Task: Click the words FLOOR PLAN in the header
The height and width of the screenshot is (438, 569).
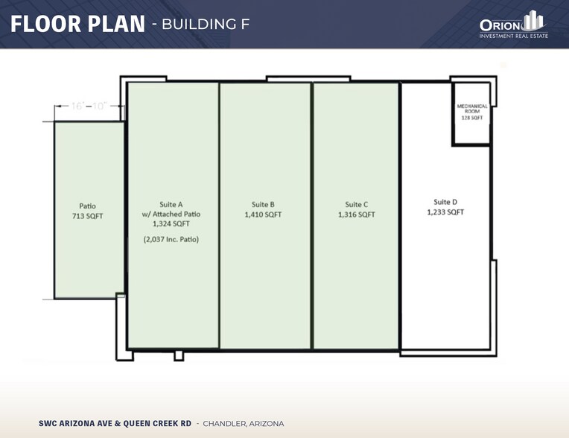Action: [x=77, y=24]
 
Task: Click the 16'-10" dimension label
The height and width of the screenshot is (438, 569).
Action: [x=87, y=107]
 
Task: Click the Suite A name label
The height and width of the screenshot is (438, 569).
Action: [x=171, y=203]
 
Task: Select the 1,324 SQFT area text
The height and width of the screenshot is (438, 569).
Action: [x=171, y=223]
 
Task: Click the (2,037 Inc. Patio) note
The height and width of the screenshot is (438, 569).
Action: [x=171, y=239]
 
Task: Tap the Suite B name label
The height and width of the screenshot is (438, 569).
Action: [x=263, y=204]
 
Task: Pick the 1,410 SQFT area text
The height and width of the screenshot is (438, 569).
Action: [x=263, y=215]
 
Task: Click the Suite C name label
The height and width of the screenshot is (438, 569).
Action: [x=357, y=204]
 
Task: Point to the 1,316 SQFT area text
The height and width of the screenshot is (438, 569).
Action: [x=357, y=215]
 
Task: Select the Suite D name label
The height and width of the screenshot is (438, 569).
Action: [x=445, y=201]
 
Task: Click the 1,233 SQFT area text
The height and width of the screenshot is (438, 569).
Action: [x=445, y=212]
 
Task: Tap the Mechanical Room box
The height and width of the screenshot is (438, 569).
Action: [x=471, y=113]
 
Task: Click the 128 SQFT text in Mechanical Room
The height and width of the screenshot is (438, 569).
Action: [x=471, y=118]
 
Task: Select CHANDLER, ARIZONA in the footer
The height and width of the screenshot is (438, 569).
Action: [x=244, y=423]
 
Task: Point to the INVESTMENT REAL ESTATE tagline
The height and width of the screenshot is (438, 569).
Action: [x=514, y=36]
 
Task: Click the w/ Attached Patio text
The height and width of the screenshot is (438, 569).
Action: [x=171, y=213]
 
